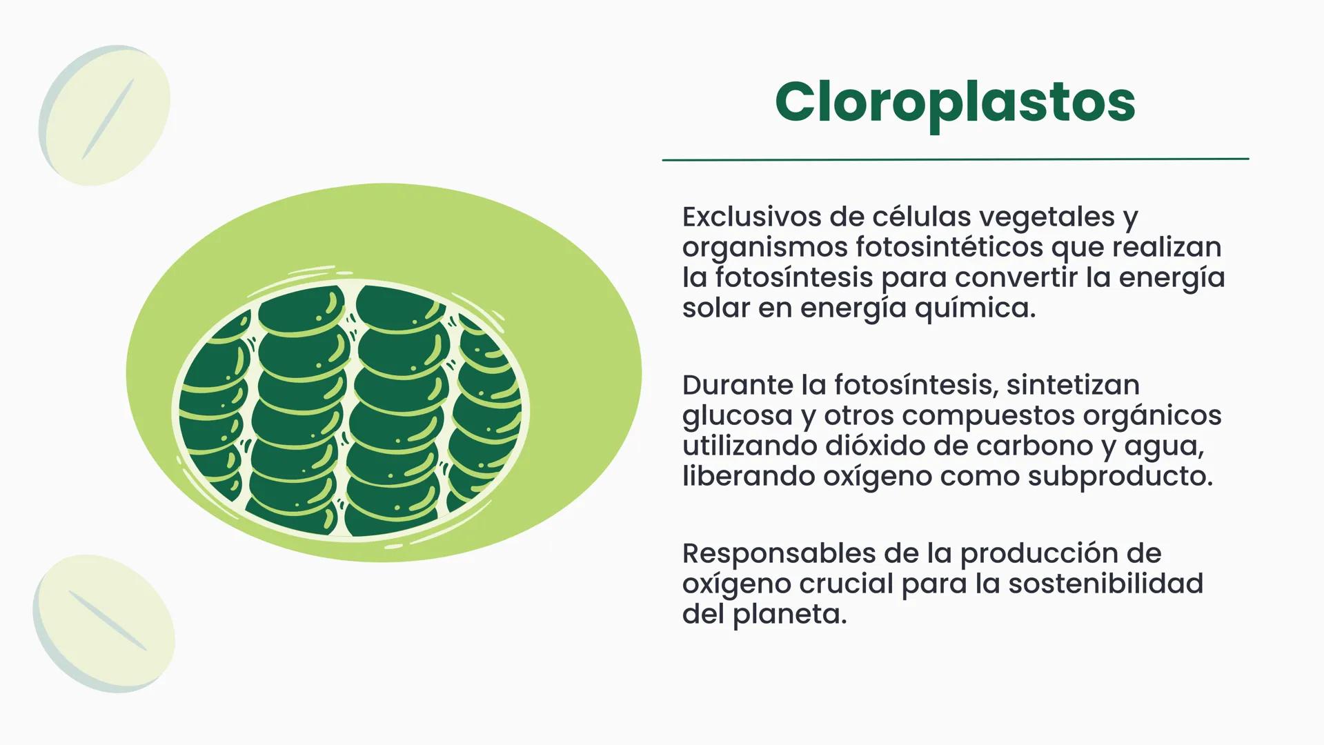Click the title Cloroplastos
click(955, 102)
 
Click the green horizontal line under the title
click(955, 159)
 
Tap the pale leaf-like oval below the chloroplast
click(104, 623)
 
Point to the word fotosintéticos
click(949, 247)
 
